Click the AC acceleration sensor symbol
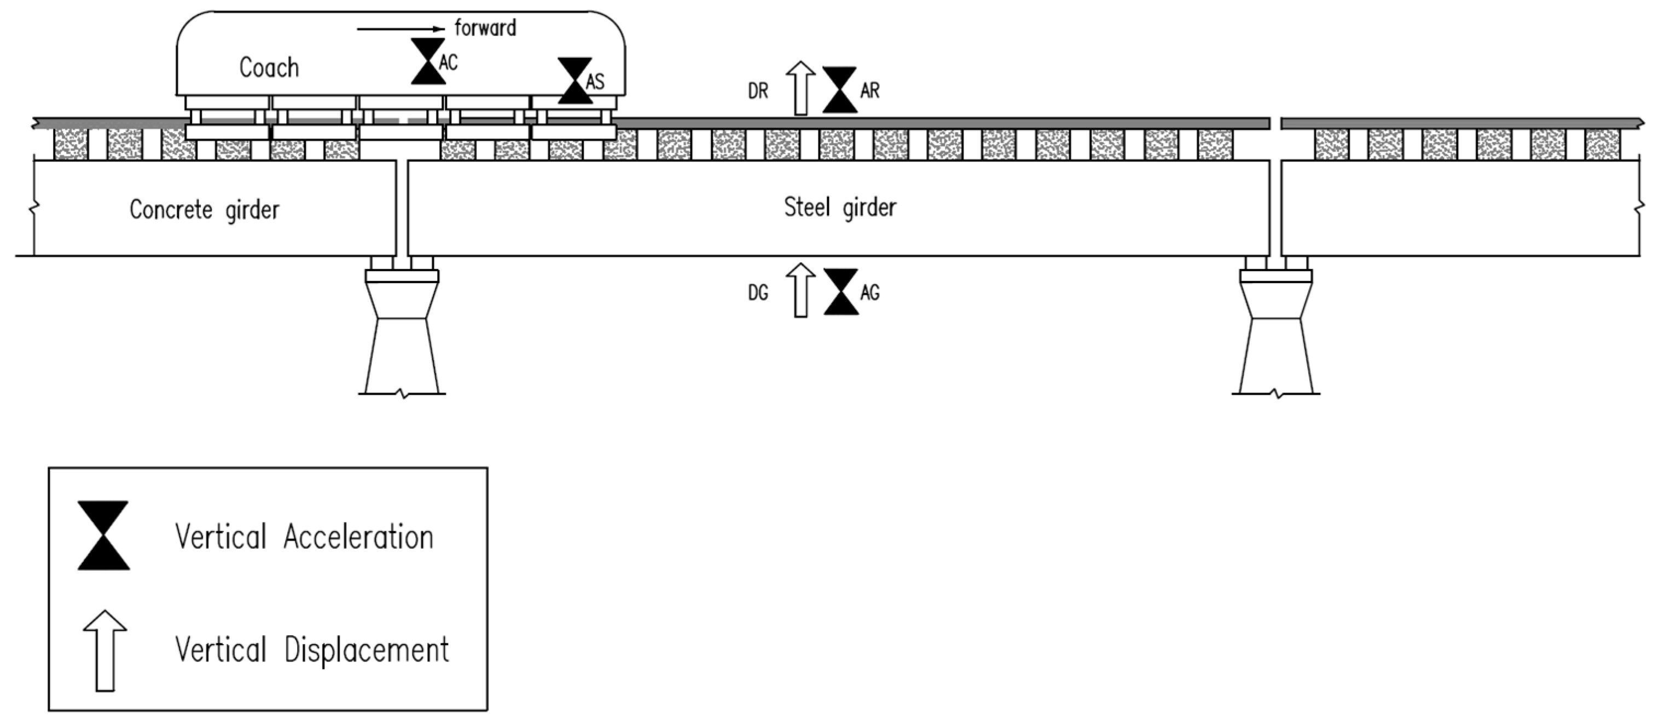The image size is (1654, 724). (428, 62)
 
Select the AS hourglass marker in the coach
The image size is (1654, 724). (574, 81)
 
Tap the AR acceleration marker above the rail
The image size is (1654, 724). (839, 90)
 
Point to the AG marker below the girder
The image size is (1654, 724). (840, 292)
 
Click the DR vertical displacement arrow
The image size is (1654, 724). (800, 88)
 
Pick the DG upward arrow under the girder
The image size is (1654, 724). (800, 290)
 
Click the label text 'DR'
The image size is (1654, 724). (758, 91)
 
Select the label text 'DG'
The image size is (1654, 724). (758, 294)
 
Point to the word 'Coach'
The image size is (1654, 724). (269, 67)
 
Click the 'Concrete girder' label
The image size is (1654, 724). (204, 209)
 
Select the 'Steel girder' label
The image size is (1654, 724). (840, 208)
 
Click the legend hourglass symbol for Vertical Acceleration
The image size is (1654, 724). (103, 536)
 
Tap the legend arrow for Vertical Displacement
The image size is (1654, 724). (105, 651)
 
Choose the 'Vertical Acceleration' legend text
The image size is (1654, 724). (304, 537)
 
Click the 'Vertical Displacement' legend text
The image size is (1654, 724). (312, 650)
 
